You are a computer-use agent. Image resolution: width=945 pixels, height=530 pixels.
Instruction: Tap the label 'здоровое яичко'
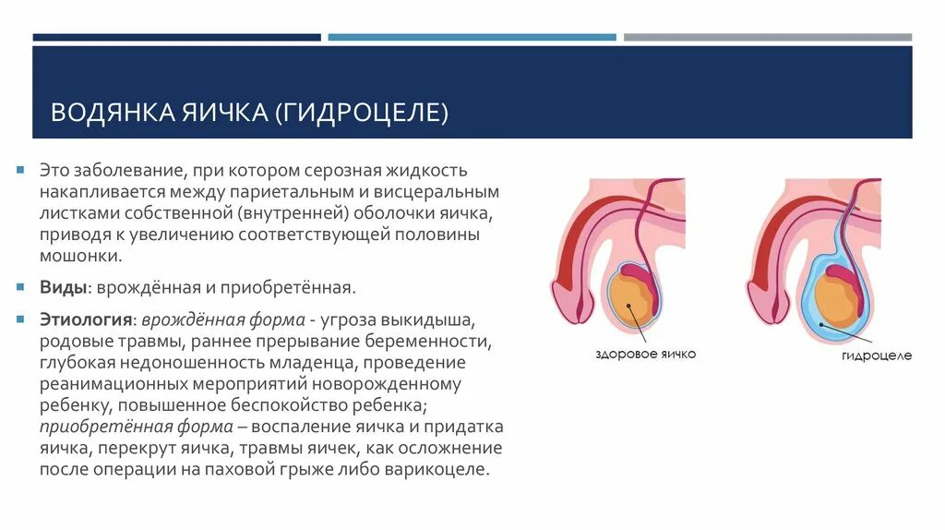tap(645, 354)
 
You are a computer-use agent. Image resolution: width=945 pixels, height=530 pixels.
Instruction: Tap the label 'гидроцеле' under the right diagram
tap(876, 355)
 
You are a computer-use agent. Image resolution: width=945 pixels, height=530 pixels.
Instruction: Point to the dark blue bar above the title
tap(176, 38)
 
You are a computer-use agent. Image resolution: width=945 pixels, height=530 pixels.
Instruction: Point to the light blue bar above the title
tap(472, 38)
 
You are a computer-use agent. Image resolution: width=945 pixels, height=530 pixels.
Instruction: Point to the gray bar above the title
tap(767, 38)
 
